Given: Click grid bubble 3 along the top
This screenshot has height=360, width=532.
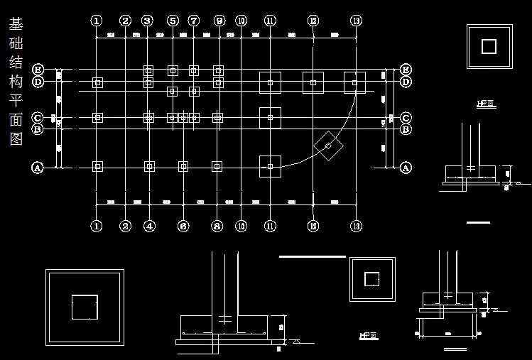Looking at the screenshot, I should click(x=147, y=21).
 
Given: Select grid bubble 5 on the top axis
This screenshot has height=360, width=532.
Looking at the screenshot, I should click(x=173, y=21).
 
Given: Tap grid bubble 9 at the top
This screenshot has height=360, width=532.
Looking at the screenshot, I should click(x=219, y=21).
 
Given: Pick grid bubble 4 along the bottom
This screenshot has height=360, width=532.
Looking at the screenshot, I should click(x=149, y=227).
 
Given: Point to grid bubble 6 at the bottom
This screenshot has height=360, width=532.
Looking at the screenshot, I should click(x=183, y=227).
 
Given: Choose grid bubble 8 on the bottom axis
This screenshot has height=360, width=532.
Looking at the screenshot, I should click(x=217, y=227).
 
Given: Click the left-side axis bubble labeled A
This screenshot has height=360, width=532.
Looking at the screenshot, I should click(x=38, y=168).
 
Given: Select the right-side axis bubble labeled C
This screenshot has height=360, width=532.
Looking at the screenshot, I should click(x=406, y=117).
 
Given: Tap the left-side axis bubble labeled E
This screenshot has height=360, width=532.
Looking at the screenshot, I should click(x=38, y=70).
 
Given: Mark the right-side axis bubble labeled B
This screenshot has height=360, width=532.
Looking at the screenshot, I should click(x=406, y=129).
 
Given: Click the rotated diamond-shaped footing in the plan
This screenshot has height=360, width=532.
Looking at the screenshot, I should click(x=327, y=146).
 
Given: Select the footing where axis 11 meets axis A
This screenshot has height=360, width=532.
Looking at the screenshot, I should click(x=270, y=166).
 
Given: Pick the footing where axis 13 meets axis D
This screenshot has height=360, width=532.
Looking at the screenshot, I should click(x=355, y=82).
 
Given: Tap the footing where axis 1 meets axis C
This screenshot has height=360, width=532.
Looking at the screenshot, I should click(x=98, y=117).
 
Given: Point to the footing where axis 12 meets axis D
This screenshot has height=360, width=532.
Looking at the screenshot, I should click(x=313, y=82).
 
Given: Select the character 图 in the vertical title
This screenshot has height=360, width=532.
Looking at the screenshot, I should click(x=15, y=138).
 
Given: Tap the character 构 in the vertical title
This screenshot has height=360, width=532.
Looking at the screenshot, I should click(x=15, y=82).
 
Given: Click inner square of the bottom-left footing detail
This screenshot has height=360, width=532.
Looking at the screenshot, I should click(x=85, y=307).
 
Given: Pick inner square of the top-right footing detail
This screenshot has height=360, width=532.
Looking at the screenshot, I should click(x=489, y=46).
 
